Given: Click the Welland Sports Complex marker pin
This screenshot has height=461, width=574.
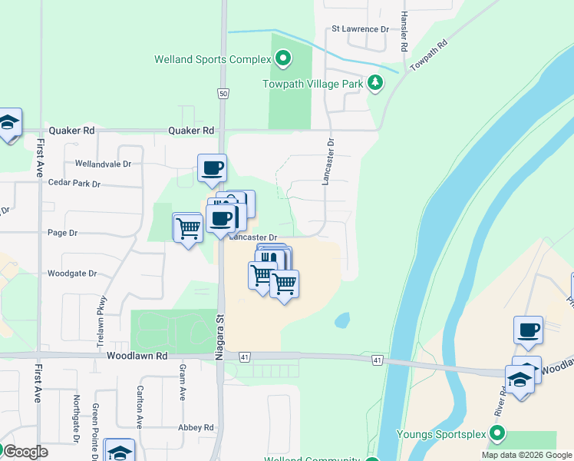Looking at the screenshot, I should (x=283, y=58).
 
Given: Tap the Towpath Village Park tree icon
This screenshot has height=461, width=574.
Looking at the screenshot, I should (x=375, y=83).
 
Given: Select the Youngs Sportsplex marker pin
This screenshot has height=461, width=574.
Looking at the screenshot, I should (x=497, y=434).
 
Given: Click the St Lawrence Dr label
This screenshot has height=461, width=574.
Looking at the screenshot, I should (x=361, y=29).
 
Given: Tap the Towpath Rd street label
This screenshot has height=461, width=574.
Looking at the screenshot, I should (x=427, y=55).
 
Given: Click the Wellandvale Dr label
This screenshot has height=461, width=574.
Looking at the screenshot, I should (x=104, y=164).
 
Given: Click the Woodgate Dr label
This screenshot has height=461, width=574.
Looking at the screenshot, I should (x=72, y=273).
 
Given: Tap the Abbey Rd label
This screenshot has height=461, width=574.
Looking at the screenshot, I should (x=198, y=428).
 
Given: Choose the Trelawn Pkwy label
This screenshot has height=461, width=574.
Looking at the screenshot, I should (x=101, y=323).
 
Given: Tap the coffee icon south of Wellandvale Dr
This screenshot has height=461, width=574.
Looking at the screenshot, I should (x=212, y=167).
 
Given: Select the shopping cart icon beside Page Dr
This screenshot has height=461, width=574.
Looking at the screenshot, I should (x=187, y=227).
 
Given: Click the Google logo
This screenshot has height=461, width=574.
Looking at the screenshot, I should (x=25, y=452).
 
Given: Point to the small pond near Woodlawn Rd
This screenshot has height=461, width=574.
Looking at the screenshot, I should (x=342, y=319).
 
